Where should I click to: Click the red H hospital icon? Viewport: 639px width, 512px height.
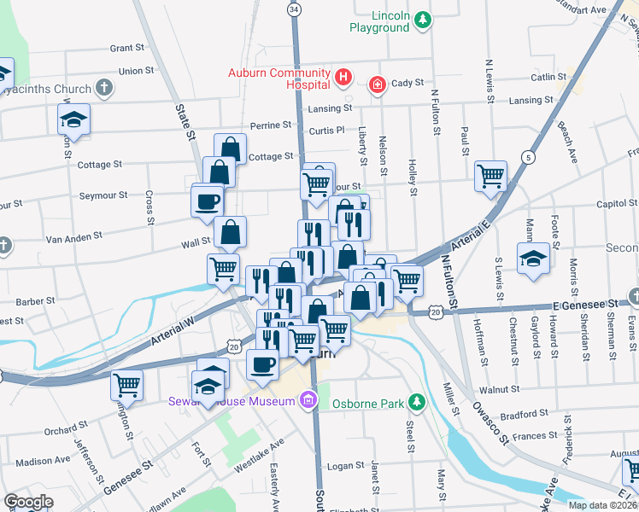click(343, 79)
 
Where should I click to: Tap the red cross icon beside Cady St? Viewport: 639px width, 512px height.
click(376, 84)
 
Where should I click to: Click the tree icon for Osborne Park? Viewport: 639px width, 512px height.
click(416, 401)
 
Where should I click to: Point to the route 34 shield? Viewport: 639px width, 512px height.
click(294, 9)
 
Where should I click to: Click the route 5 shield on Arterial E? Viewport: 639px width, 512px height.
click(530, 157)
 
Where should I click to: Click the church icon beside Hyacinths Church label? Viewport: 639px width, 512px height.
click(103, 87)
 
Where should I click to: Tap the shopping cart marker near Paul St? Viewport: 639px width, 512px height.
click(490, 177)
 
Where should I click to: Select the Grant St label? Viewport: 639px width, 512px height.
click(126, 49)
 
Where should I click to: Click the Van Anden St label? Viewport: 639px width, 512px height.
click(73, 235)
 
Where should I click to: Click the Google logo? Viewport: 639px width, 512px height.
click(28, 502)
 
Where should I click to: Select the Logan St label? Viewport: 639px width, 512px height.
click(346, 466)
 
